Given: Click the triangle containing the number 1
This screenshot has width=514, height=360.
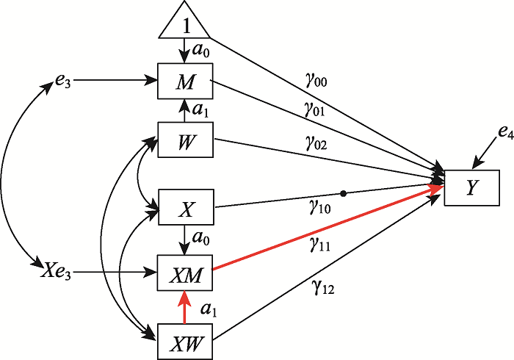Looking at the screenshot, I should click(184, 23).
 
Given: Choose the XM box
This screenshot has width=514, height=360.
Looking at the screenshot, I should click(184, 273).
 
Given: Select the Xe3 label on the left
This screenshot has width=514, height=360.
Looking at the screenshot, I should click(53, 273).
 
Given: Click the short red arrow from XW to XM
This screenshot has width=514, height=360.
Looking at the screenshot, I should click(184, 307).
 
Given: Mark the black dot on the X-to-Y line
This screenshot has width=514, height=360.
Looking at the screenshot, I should click(344, 194).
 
